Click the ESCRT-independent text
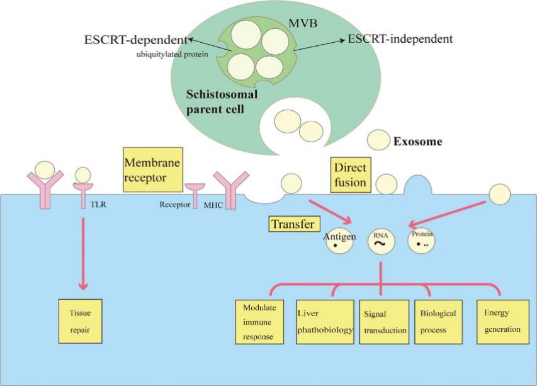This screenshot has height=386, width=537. pos(400,39)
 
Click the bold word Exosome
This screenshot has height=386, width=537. pos(417,142)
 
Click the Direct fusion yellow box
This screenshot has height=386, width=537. pos(350,174)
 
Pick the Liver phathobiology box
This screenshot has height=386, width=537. pos(325,322)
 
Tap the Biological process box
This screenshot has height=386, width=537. pos(439,321)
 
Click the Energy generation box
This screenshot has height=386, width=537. pos(502,321)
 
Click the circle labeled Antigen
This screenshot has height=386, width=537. pos(338,243)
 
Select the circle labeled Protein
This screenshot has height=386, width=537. pos(422,241)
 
